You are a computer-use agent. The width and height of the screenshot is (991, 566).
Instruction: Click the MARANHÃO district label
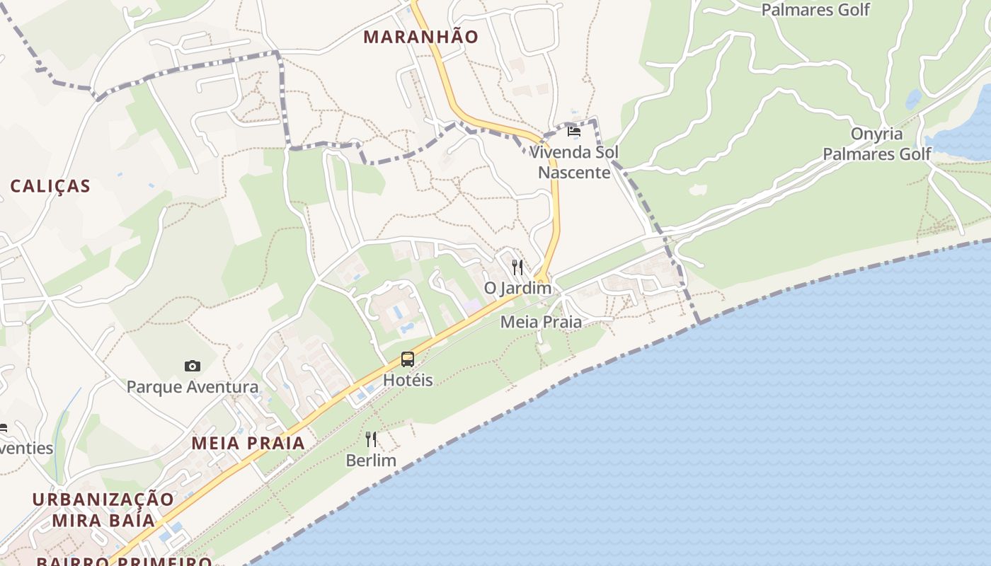point(420,37)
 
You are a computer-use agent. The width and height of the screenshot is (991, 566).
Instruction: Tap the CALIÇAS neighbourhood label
point(50,186)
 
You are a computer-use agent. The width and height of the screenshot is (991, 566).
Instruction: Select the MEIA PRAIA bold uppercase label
point(248,444)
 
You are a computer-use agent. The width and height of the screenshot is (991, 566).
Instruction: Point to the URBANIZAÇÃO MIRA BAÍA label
point(103,509)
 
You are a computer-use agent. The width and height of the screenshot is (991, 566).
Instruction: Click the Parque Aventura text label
point(192,387)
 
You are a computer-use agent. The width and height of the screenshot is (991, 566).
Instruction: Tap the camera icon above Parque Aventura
point(192,366)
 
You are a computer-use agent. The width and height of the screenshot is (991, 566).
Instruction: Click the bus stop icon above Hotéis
point(408,359)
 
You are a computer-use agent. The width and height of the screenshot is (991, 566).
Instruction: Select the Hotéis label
point(408,380)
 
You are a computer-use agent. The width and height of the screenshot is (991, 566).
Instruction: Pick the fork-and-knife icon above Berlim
point(371,439)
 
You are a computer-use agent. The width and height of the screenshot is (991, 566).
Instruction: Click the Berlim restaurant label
point(371,461)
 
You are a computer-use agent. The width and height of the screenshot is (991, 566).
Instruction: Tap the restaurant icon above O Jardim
point(517,267)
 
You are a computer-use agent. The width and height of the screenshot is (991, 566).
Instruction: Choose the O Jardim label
point(517,288)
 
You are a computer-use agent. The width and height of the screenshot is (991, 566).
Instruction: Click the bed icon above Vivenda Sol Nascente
point(574,132)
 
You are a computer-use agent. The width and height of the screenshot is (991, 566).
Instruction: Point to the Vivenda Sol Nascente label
point(574,162)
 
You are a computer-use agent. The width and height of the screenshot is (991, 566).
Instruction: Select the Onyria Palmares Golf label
point(877,144)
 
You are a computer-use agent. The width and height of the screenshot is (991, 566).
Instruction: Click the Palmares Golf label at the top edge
point(815,10)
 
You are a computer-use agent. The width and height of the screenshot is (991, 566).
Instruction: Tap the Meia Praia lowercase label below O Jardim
point(541,322)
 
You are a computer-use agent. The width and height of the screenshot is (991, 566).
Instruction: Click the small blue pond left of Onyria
point(914,100)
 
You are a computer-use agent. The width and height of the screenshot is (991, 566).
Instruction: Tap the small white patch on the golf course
point(698,190)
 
